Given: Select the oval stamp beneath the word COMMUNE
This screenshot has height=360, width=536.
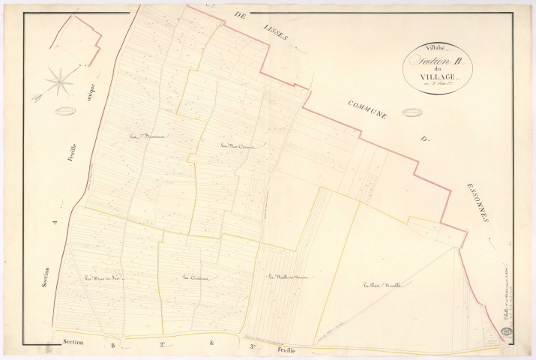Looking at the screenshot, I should [x=411, y=112].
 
